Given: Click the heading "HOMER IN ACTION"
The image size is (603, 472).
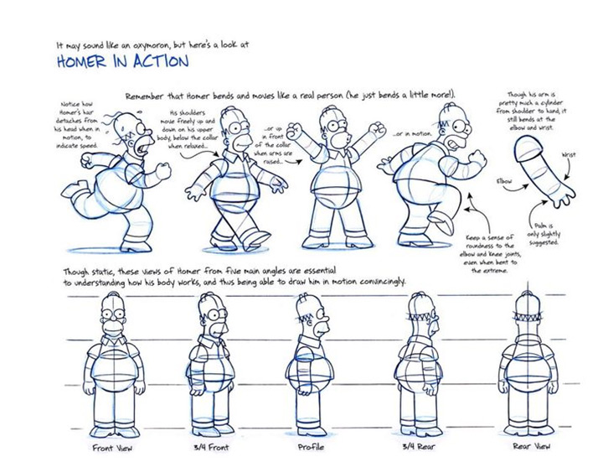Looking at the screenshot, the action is click(x=122, y=61).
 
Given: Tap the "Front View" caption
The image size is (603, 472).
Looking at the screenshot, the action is click(x=112, y=448).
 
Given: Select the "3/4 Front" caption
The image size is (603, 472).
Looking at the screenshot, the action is click(x=211, y=448).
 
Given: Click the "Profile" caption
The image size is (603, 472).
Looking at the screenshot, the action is click(x=311, y=447).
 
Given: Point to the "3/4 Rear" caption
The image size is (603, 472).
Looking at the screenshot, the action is click(x=419, y=447).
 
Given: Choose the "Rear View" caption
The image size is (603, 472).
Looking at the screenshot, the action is click(x=532, y=446).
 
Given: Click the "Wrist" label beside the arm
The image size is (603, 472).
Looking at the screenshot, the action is click(x=569, y=155).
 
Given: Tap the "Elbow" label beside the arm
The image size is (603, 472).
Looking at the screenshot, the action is click(x=504, y=181).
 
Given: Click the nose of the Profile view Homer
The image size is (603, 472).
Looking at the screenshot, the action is click(x=325, y=319).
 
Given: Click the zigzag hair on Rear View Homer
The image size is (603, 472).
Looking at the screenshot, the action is click(x=528, y=318).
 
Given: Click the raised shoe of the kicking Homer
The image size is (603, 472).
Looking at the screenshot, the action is click(x=442, y=222).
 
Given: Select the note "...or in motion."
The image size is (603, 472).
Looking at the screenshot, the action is click(x=413, y=134).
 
